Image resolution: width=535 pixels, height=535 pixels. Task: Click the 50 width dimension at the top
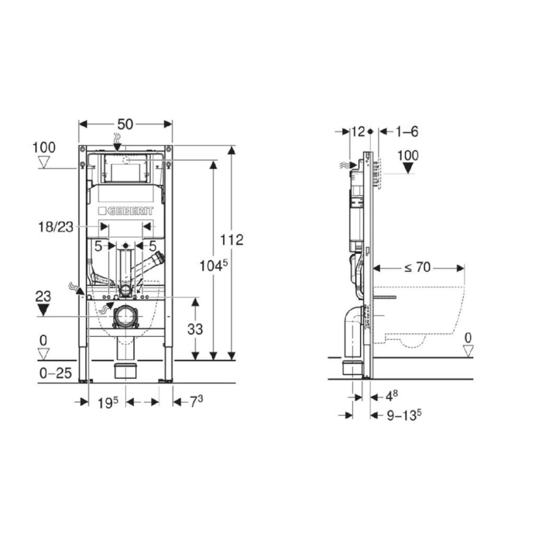coord(125,124)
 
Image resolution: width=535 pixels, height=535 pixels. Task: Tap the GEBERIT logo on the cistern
coord(126,211)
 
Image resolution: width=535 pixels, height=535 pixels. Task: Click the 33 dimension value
coord(195,329)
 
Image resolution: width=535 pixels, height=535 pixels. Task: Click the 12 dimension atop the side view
coord(357,131)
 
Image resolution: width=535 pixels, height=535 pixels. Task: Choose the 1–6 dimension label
coord(407,131)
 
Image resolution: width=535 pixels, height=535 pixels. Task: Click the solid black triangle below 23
coord(43,309)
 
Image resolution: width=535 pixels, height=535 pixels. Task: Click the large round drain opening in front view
coord(126,316)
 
